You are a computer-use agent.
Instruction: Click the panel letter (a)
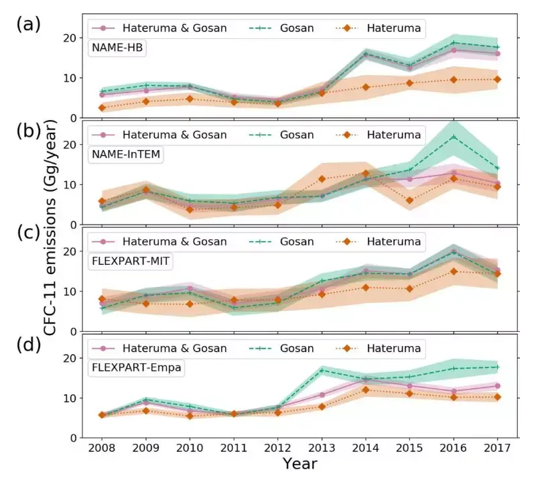pos(28,25)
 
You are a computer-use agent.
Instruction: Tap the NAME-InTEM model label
pos(127,154)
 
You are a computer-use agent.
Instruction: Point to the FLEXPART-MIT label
pos(131,261)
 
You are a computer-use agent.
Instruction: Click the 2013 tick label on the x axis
pos(321,448)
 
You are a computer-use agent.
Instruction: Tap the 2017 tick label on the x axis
pos(496,448)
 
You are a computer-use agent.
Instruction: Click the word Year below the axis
pos(299,463)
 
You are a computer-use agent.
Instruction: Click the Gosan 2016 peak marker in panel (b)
pos(454,137)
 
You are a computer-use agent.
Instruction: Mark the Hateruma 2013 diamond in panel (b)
pos(322,179)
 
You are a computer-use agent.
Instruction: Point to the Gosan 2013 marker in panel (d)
pos(322,370)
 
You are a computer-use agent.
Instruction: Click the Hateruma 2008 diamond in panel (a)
pos(102,107)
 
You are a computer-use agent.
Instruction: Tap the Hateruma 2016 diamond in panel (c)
pos(454,272)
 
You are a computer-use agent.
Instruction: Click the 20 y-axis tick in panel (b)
pos(70,145)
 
